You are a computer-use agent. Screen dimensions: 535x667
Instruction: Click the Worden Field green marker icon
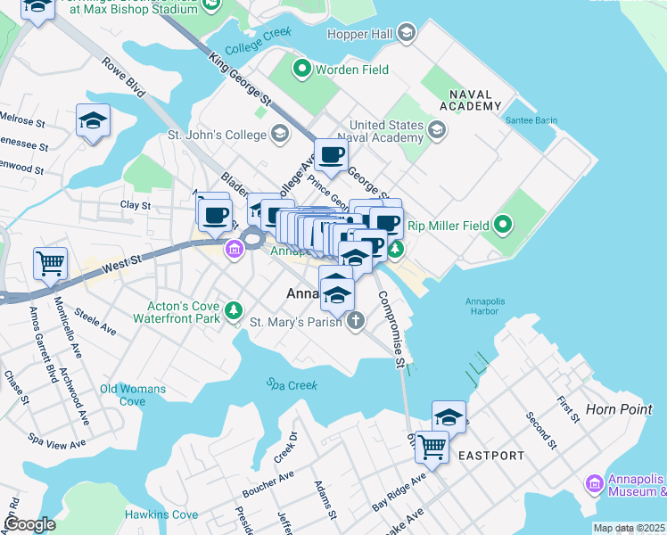pos(301,69)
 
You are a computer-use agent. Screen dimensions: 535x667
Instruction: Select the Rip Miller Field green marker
pos(502,226)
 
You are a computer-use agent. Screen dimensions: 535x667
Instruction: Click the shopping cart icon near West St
pos(50,262)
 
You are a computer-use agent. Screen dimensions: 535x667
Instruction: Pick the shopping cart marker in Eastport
pos(432,445)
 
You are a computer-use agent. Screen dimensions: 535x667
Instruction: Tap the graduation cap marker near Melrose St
pos(92,120)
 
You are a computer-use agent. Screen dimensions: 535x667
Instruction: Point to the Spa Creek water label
pos(291,384)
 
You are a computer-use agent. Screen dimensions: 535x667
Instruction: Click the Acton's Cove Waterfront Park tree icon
pos(234,309)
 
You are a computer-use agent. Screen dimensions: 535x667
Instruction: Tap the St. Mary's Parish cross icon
pos(355,322)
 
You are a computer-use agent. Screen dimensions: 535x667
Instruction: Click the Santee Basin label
pos(531,120)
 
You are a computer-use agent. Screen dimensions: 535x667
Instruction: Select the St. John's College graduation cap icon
pos(280,135)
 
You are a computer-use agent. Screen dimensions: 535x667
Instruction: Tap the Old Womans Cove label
pos(133,395)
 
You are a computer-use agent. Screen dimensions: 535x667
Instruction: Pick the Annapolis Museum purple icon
pos(594,483)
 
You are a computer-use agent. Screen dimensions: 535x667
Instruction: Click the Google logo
pos(29,524)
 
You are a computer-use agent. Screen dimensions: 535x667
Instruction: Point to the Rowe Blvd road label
pos(123,78)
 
